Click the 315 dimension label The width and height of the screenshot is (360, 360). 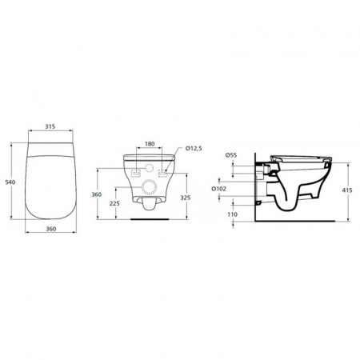coord(50,126)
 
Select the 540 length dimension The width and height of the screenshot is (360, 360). coord(10,182)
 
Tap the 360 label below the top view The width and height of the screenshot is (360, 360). coord(51,229)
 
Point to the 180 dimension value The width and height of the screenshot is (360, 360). coord(150,144)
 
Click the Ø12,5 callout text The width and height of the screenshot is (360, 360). coord(194,148)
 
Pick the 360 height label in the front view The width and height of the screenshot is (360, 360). coord(97,194)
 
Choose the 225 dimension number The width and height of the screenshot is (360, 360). coord(114,203)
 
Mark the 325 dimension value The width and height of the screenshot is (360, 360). coord(186,198)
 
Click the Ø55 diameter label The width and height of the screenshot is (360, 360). coord(231,155)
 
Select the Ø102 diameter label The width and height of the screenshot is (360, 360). coord(218,189)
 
